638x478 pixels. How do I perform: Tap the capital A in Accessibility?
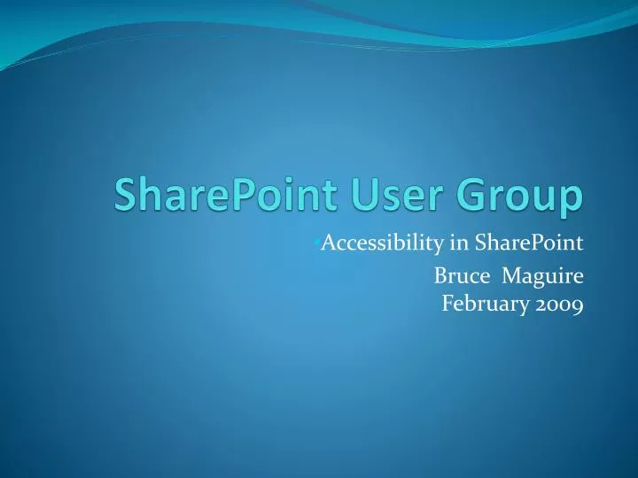tap(325, 243)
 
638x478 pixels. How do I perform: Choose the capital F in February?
tap(447, 305)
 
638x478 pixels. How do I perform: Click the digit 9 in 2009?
tap(577, 305)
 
